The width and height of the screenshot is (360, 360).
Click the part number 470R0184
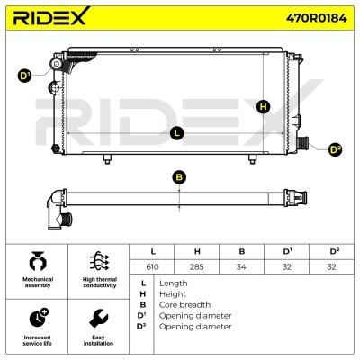pos(317,18)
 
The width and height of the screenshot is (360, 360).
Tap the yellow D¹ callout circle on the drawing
pos(24,76)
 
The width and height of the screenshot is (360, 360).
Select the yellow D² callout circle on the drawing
pos(335,149)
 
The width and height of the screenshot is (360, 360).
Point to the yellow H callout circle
pos(264,107)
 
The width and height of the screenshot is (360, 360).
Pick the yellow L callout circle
pos(177,133)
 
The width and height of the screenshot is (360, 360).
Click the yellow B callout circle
pos(179,177)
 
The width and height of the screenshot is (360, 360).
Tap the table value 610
pos(152,266)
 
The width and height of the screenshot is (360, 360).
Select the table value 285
pos(197,266)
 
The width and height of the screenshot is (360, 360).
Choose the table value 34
pos(241,266)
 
